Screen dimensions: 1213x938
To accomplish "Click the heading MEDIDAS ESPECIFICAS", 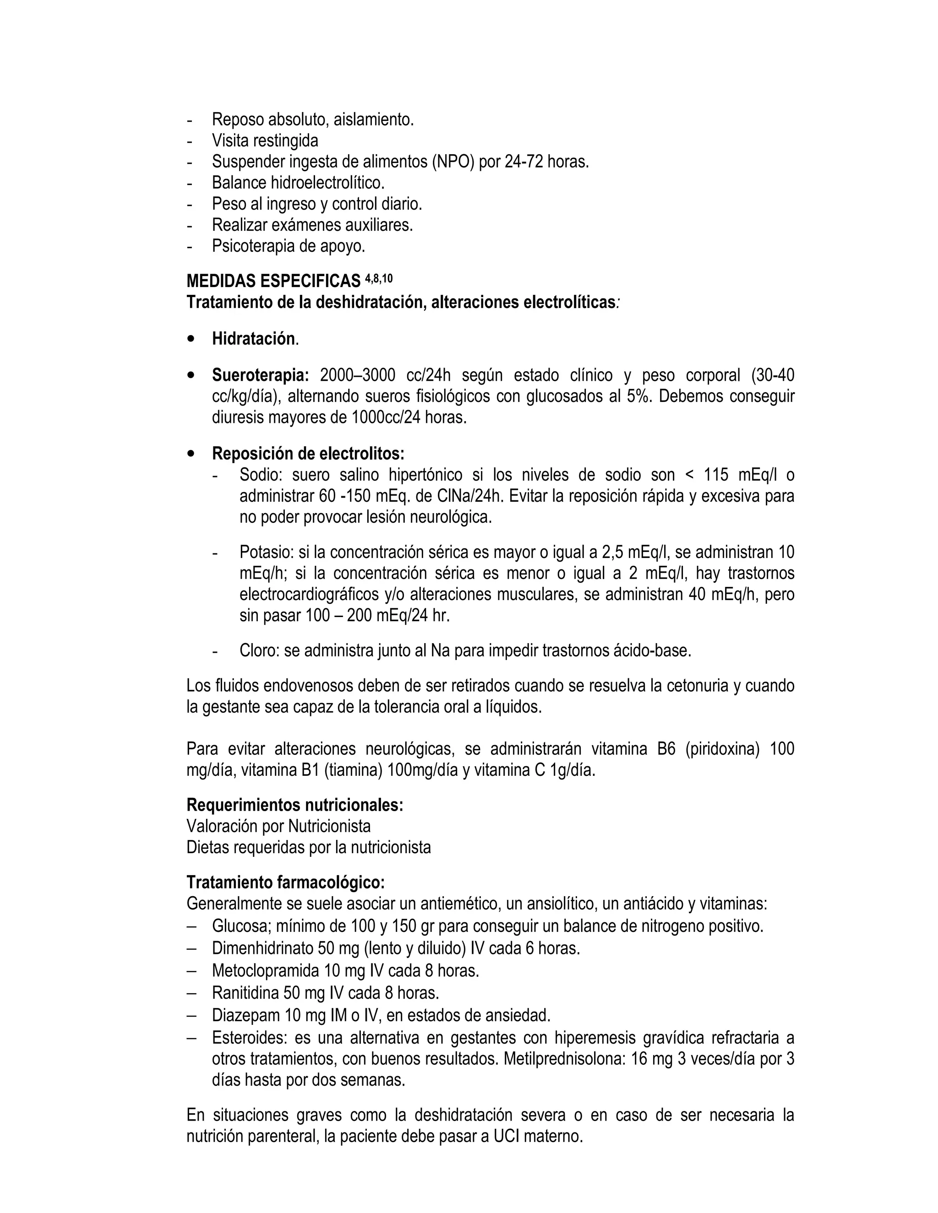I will pyautogui.click(x=273, y=281).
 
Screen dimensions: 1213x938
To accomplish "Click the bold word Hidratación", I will pyautogui.click(x=253, y=339).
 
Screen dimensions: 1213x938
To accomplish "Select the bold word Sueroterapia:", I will pyautogui.click(x=260, y=375).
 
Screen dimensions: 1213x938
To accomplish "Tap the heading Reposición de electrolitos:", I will pyautogui.click(x=308, y=454).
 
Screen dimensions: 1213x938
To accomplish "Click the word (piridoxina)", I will pyautogui.click(x=722, y=749).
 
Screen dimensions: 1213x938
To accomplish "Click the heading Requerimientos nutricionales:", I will pyautogui.click(x=294, y=805).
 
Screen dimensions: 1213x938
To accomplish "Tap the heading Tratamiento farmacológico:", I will pyautogui.click(x=285, y=882).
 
